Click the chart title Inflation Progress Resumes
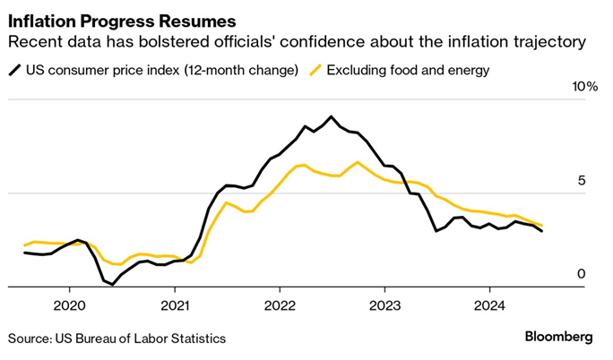point(123,19)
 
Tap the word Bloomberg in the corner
point(558,338)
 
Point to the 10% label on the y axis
point(584,86)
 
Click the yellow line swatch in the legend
point(315,70)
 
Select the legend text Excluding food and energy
point(409,70)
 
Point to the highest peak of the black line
point(332,116)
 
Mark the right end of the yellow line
point(541,226)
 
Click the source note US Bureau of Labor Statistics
point(117,339)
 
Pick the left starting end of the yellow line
point(24,244)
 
